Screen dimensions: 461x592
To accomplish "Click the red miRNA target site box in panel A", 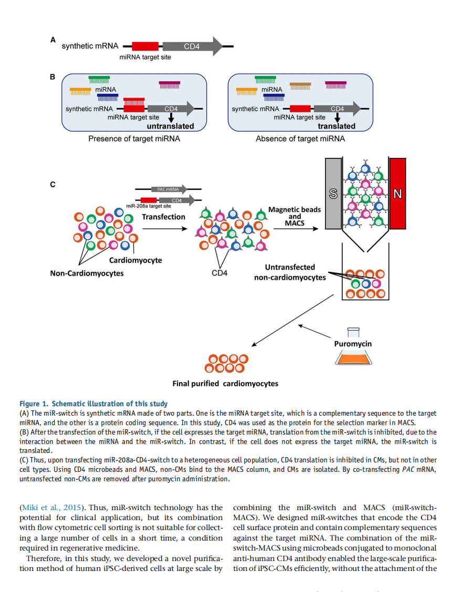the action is click(x=145, y=46).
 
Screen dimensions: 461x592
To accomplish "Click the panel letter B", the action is click(x=53, y=77).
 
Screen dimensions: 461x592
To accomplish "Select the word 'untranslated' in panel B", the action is click(x=171, y=126).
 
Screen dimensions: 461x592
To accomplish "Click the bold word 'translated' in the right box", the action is click(x=337, y=126).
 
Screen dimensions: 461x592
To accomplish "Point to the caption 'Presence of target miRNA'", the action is click(x=134, y=139).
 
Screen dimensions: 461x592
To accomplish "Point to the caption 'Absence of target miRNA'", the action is click(x=300, y=139).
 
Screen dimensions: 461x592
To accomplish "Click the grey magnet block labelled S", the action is click(x=333, y=193).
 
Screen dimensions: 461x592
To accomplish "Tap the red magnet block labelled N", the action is click(x=397, y=193).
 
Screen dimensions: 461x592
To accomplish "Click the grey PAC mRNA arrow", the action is click(x=169, y=189).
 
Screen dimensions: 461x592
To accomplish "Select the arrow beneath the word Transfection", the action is click(x=165, y=228).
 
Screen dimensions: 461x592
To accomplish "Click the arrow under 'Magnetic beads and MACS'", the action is click(x=296, y=228).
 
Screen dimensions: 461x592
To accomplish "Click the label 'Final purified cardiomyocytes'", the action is click(x=225, y=384).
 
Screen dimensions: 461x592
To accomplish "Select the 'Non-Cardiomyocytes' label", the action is click(x=87, y=273).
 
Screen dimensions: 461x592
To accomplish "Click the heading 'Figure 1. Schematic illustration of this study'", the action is click(x=93, y=404).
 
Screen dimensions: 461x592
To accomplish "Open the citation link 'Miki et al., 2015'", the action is click(x=51, y=508).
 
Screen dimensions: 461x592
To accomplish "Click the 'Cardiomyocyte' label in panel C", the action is click(x=135, y=260).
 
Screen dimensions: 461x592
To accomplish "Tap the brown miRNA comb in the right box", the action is click(x=300, y=86).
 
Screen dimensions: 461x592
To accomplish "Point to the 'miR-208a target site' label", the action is click(x=149, y=206).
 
